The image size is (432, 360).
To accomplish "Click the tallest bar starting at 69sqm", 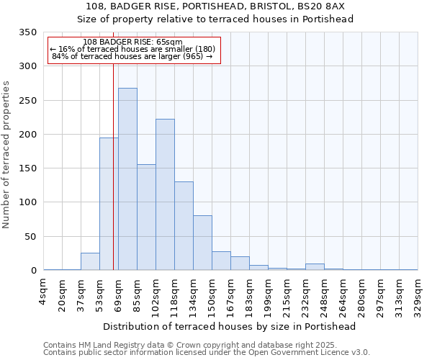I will tap(127, 179).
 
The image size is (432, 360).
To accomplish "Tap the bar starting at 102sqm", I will tap(165, 194).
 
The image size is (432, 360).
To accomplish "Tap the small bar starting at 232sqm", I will tap(315, 266).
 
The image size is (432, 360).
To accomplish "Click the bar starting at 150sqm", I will tap(221, 261).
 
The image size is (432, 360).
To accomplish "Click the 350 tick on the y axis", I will tap(28, 32).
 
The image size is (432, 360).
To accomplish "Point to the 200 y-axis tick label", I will tap(28, 135).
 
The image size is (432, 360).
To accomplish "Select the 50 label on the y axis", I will tap(31, 237).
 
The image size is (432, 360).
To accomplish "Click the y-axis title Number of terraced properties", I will tap(6, 155).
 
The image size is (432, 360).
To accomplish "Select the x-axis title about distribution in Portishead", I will tap(230, 326).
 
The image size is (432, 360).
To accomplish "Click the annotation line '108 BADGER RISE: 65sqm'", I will tap(132, 42).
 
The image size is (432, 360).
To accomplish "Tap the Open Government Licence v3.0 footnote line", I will tap(207, 353).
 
